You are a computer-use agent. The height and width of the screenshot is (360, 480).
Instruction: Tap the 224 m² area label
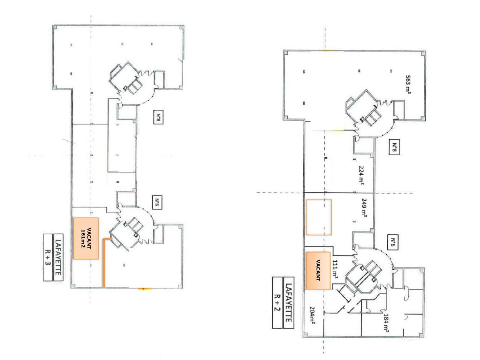click(x=361, y=175)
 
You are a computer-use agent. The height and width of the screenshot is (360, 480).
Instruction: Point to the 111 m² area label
click(x=335, y=269)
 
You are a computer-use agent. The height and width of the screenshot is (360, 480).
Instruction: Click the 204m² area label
click(x=312, y=315)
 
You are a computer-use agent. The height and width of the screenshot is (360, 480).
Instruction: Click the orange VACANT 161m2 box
click(x=86, y=238)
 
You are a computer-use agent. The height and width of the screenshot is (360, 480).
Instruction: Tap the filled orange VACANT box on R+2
click(x=318, y=270)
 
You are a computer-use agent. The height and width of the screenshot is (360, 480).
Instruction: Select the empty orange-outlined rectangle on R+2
click(x=319, y=217)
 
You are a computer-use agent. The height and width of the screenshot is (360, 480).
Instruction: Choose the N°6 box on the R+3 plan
click(x=157, y=202)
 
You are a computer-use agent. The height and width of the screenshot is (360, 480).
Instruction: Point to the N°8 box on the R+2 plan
click(x=394, y=147)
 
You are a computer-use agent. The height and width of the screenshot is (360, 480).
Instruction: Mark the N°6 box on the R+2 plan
click(x=393, y=242)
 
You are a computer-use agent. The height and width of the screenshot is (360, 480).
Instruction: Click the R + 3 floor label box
click(x=48, y=257)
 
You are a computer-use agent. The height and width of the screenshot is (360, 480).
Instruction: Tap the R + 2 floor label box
click(x=277, y=303)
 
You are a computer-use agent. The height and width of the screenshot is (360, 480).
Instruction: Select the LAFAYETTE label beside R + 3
click(x=58, y=257)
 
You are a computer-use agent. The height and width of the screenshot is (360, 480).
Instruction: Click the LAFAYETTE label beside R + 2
click(x=289, y=303)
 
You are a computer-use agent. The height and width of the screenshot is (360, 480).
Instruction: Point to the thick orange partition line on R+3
click(x=104, y=262)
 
